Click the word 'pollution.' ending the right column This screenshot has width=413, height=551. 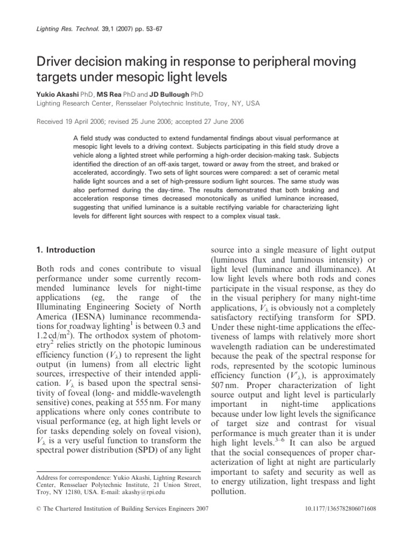[x=229, y=491]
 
